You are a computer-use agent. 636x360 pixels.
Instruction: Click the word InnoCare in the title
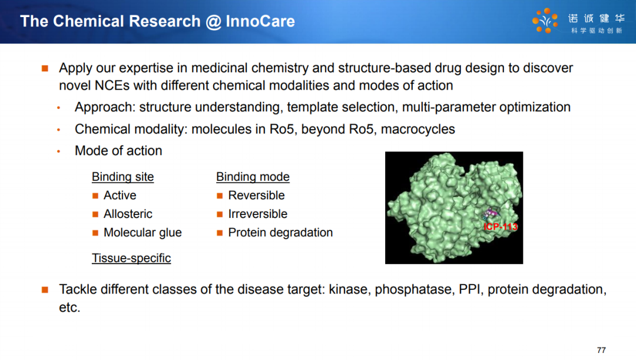[x=260, y=21]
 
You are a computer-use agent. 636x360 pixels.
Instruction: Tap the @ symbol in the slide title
[x=213, y=22]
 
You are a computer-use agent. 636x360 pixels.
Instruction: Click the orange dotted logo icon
[x=545, y=20]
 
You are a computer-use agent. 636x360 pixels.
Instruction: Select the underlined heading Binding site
[x=122, y=177]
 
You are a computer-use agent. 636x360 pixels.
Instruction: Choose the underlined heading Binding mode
[x=253, y=177]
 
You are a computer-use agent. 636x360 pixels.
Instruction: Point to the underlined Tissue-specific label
[x=131, y=258]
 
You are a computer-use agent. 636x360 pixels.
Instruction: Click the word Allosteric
[x=128, y=214]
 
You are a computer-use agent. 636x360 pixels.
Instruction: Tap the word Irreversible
[x=257, y=214]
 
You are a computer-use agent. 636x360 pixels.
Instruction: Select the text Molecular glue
[x=143, y=233]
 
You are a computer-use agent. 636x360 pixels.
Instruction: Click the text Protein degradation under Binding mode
[x=280, y=233]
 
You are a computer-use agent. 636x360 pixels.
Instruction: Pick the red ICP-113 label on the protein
[x=501, y=227]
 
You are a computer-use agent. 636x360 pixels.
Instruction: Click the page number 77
[x=601, y=350]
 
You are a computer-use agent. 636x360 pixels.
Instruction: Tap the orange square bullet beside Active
[x=95, y=196]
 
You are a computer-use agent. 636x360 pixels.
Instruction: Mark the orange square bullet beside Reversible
[x=220, y=196]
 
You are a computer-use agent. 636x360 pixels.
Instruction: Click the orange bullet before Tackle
[x=45, y=290]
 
